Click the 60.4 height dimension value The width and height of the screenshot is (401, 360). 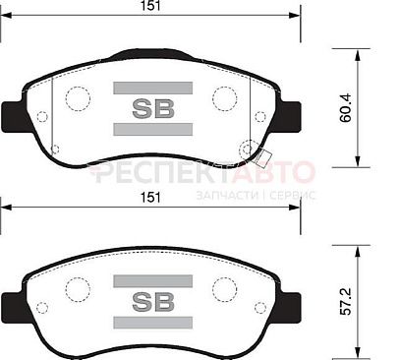pyautogui.click(x=345, y=108)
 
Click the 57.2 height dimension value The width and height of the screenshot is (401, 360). pyautogui.click(x=345, y=301)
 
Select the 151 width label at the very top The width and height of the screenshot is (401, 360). pyautogui.click(x=150, y=6)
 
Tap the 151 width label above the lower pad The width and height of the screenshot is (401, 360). pyautogui.click(x=150, y=198)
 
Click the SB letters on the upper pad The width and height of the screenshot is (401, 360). pyautogui.click(x=153, y=108)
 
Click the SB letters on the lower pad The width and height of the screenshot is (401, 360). pyautogui.click(x=153, y=302)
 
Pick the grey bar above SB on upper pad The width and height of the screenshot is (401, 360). pyautogui.click(x=153, y=89)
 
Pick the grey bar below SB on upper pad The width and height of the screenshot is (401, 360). pyautogui.click(x=153, y=129)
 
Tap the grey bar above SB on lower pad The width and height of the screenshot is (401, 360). pyautogui.click(x=153, y=281)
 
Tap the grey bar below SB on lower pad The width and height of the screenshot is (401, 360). pyautogui.click(x=153, y=323)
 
